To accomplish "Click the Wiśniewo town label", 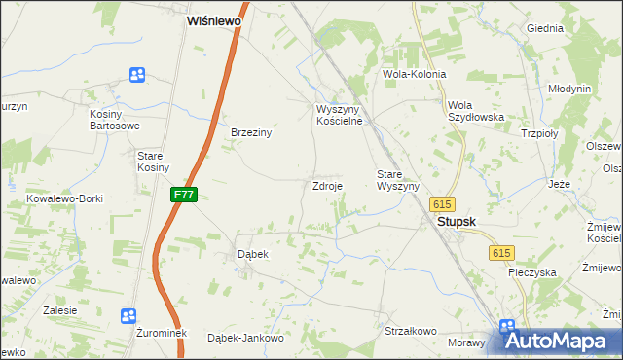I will [x=214, y=19].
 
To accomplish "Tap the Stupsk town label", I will [x=456, y=222].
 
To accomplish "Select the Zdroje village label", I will [x=326, y=186].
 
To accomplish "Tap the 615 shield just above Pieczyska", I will [x=501, y=253].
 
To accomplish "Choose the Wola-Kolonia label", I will [x=415, y=74].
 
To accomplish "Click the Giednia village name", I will [x=545, y=28].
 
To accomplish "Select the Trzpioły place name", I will [x=539, y=134].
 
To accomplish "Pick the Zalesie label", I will [x=60, y=310].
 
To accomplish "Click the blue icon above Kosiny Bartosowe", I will [x=137, y=75].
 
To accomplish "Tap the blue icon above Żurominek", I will [x=128, y=315].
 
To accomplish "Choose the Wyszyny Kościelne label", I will [x=339, y=115].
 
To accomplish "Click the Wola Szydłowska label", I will [x=475, y=111].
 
